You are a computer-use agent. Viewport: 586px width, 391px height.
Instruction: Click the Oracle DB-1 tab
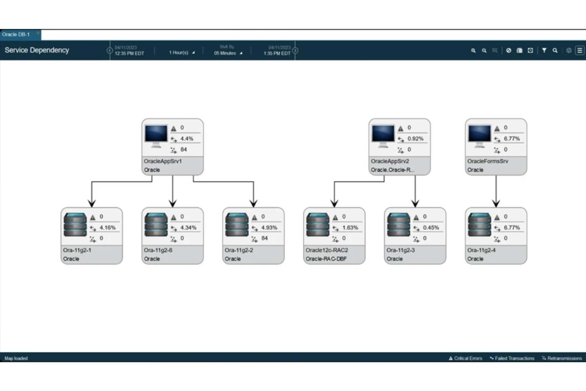[x=16, y=34]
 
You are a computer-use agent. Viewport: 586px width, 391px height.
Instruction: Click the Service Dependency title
[x=37, y=50]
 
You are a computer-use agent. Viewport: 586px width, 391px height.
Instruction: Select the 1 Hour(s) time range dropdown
[x=181, y=52]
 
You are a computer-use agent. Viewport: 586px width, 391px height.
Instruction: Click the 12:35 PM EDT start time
[x=129, y=53]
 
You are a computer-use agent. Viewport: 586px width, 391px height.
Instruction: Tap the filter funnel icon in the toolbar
[x=544, y=50]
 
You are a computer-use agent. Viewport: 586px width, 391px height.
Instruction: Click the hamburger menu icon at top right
[x=580, y=50]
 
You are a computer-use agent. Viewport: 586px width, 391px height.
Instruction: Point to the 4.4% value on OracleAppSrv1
[x=186, y=139]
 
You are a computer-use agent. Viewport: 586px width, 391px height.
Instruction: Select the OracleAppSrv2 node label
[x=390, y=161]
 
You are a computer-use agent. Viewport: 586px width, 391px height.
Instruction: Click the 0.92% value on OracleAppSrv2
[x=415, y=139]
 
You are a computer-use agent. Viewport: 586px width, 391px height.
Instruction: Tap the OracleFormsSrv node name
[x=487, y=161]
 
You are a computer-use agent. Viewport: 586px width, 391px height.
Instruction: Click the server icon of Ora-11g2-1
[x=75, y=225]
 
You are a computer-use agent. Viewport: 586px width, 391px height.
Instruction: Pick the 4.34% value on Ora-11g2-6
[x=188, y=228]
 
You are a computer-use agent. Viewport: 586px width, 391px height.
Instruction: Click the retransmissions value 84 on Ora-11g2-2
[x=264, y=238]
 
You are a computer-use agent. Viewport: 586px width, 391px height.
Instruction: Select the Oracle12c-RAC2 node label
[x=327, y=250]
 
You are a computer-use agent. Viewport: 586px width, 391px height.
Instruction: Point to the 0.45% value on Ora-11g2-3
[x=431, y=228]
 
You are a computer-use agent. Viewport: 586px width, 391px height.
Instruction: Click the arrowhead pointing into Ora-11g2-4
[x=496, y=203]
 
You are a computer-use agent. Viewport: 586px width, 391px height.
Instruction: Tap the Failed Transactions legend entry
[x=514, y=358]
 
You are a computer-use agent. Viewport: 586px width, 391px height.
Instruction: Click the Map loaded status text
[x=16, y=358]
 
